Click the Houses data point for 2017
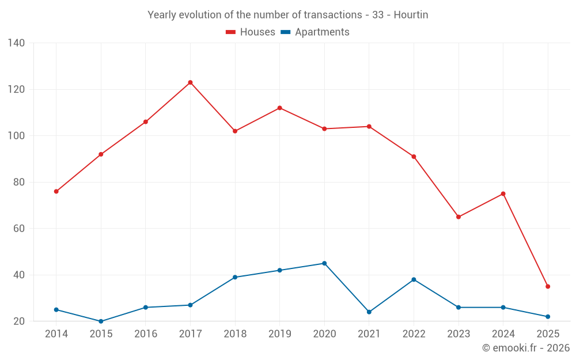[190, 82]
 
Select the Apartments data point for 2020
[324, 263]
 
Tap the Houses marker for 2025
[548, 286]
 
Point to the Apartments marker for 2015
[101, 321]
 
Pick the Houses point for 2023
[458, 217]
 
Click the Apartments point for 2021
[369, 312]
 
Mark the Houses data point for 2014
[56, 191]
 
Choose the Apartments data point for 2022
[414, 279]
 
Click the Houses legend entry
[251, 32]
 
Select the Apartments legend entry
[315, 32]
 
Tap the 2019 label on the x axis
[280, 334]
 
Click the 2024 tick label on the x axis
[503, 334]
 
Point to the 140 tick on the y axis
[16, 43]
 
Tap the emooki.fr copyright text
[526, 348]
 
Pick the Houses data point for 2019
[280, 108]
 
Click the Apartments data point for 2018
[235, 277]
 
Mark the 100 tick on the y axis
[16, 136]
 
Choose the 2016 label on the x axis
[146, 334]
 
